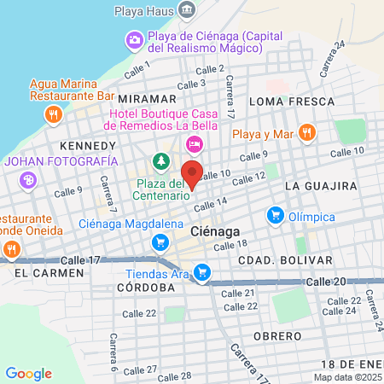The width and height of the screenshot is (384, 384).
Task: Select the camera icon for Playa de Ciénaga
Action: (135, 39)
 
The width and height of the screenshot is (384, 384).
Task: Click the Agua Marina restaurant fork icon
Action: (54, 113)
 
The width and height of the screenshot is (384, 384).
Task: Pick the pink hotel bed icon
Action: (195, 143)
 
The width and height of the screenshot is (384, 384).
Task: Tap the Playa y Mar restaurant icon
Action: (308, 132)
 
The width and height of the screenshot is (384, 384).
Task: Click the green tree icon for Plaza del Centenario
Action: (160, 160)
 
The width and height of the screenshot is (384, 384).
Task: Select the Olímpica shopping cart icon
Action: (275, 215)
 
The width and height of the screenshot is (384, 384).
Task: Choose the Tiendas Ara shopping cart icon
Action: (201, 273)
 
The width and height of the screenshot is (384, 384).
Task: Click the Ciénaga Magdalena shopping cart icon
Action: (160, 241)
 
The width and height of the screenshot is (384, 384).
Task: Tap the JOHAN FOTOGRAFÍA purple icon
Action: (29, 179)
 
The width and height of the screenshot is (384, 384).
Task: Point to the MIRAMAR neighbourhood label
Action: (147, 99)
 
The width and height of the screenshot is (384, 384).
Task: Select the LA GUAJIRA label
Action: (320, 185)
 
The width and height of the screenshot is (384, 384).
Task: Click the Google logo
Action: (28, 374)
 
